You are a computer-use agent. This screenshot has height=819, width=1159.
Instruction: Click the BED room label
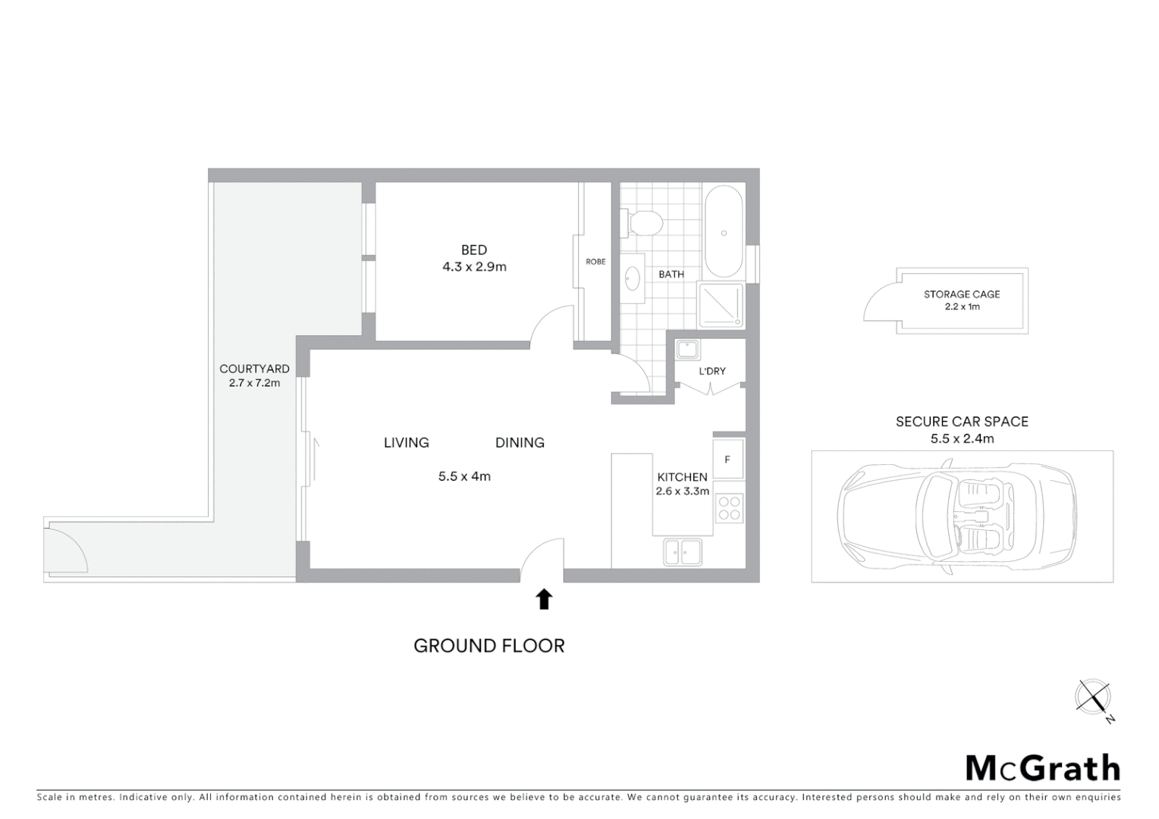click(474, 250)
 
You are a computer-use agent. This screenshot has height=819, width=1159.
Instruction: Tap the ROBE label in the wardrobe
click(595, 262)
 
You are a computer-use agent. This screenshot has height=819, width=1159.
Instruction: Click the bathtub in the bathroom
click(724, 231)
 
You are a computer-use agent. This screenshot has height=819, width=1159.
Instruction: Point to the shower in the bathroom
click(721, 305)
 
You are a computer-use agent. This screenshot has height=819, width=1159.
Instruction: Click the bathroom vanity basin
click(633, 279)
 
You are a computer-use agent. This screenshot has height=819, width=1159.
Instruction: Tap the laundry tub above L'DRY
click(688, 350)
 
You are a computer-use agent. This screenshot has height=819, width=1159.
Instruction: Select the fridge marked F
click(728, 459)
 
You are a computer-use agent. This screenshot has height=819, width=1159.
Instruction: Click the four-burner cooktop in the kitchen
click(730, 508)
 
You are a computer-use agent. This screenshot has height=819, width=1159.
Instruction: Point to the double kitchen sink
click(683, 552)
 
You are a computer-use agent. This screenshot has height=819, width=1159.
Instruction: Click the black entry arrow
click(543, 599)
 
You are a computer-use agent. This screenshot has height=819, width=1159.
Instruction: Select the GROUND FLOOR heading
click(489, 646)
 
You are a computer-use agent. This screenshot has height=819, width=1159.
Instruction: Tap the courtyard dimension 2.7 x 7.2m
click(255, 384)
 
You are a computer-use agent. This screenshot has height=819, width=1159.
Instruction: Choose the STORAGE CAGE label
click(962, 294)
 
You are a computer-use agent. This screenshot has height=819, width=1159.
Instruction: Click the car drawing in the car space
click(956, 517)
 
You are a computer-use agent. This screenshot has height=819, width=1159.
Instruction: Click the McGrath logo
click(1043, 768)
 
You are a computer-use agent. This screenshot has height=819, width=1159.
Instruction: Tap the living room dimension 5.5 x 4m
click(464, 477)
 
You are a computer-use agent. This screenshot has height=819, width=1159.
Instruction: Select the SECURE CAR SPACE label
click(962, 422)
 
